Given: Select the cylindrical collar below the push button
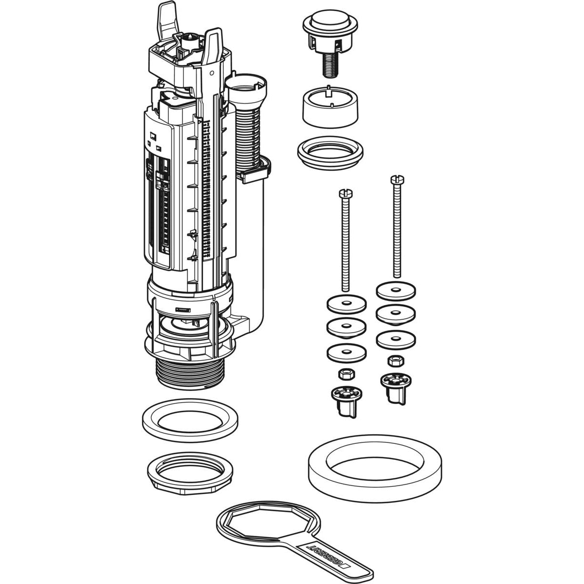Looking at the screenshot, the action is click(330, 107).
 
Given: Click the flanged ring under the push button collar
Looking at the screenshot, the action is click(330, 150).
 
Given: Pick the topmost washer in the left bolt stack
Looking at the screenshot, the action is click(347, 305).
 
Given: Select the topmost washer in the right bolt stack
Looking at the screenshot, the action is click(396, 291).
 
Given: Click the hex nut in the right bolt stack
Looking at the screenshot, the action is click(396, 361).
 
